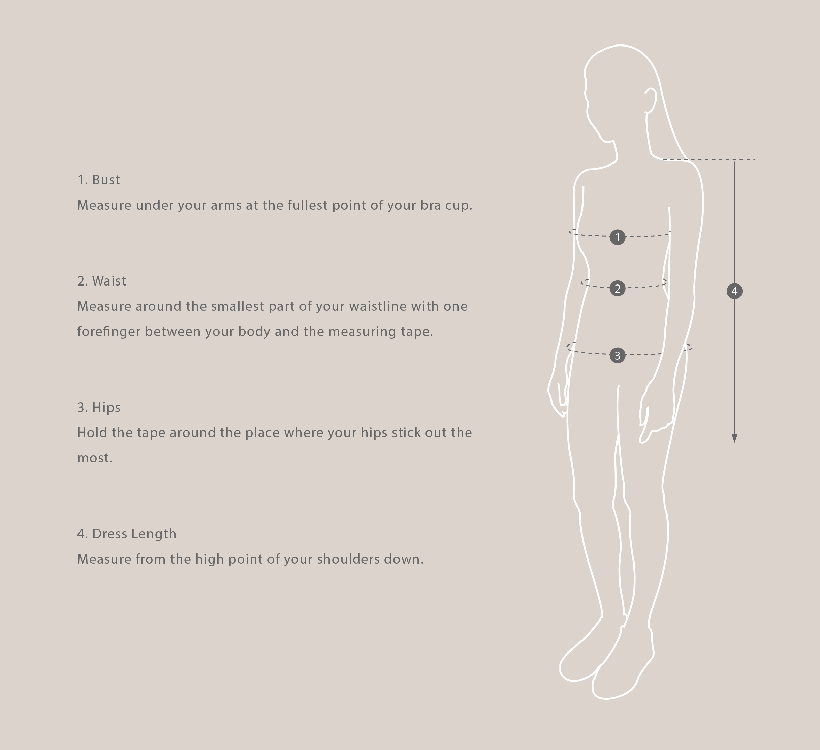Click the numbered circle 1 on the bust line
[x=618, y=237]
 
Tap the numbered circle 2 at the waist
[x=618, y=289]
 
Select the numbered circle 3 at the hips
[x=618, y=355]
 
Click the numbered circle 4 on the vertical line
[x=734, y=291]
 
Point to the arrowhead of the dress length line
[x=734, y=438]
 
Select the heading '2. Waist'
[x=102, y=281]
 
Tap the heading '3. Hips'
[x=99, y=407]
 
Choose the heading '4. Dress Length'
[x=126, y=534]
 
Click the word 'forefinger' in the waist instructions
[x=108, y=332]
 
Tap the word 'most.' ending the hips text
[x=95, y=458]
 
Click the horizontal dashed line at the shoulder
[x=716, y=160]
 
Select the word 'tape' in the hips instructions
[x=151, y=432]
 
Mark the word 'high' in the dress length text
[x=210, y=559]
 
